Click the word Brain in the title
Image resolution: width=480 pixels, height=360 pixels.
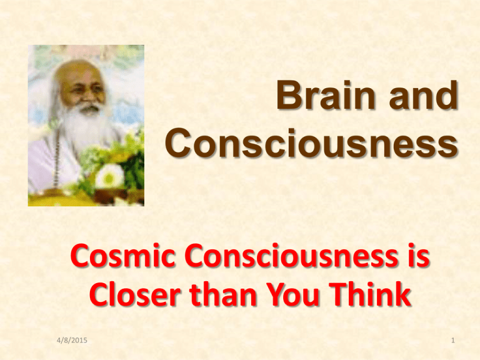tap(326, 94)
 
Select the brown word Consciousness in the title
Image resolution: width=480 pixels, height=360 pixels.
tap(312, 142)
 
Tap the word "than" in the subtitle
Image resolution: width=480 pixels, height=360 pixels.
tap(222, 293)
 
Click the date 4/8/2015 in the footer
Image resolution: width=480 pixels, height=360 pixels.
tap(72, 340)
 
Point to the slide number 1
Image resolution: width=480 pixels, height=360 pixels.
tap(453, 340)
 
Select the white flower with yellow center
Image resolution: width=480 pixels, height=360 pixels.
tap(109, 176)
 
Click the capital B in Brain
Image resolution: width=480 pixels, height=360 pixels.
tap(289, 94)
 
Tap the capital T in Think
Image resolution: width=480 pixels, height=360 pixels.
tap(339, 293)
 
